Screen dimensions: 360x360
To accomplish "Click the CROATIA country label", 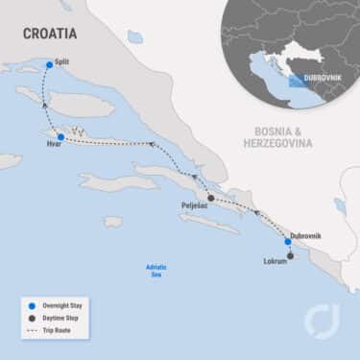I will coord(51,34).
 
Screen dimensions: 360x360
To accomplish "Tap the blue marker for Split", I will coord(48,65).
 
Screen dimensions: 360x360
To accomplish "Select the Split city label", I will coord(62,60).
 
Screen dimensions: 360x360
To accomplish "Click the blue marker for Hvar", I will coord(60,137).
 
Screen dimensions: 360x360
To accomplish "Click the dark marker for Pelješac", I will coord(211,198).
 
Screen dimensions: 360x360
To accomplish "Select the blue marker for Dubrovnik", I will coord(287,242).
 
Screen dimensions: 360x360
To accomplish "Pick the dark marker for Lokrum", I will coord(292,254).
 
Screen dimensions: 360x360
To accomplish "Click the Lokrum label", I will coord(275,261).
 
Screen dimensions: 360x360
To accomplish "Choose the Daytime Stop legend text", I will coord(63,319).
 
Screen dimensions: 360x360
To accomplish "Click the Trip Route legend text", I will coord(59,331).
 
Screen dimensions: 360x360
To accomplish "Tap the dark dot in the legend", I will coord(32,319).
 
